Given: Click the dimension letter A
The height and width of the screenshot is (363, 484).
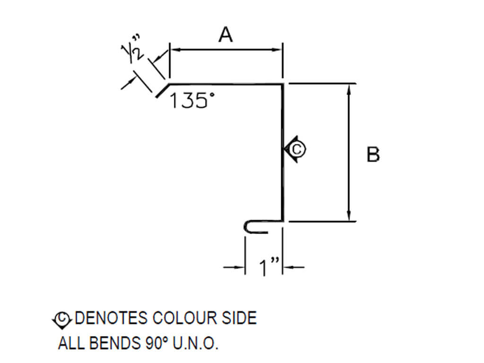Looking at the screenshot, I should coord(226,35).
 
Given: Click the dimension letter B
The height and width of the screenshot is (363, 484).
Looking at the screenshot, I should coord(373,155).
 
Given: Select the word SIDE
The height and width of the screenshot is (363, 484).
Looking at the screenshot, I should coord(240,318).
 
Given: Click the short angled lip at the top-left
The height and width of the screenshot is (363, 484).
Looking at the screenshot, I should coord(161,90).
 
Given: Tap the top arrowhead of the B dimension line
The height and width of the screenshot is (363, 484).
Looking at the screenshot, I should coord(349,88).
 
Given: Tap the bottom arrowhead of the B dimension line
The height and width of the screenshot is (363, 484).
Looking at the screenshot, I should coord(349,216).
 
